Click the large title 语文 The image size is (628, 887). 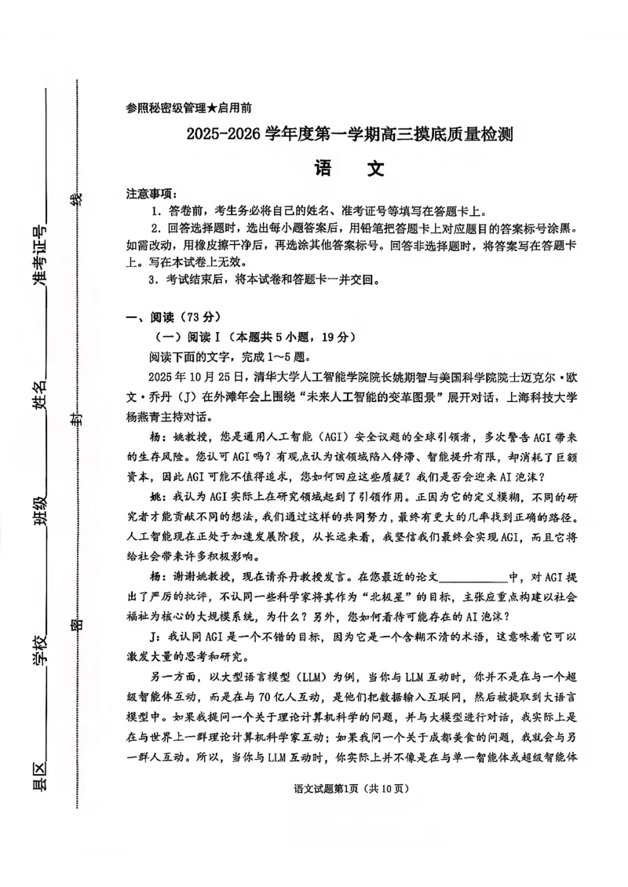click(349, 169)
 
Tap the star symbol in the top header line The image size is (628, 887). click(214, 108)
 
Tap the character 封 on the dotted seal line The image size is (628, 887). click(76, 422)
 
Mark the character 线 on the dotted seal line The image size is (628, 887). click(76, 200)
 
